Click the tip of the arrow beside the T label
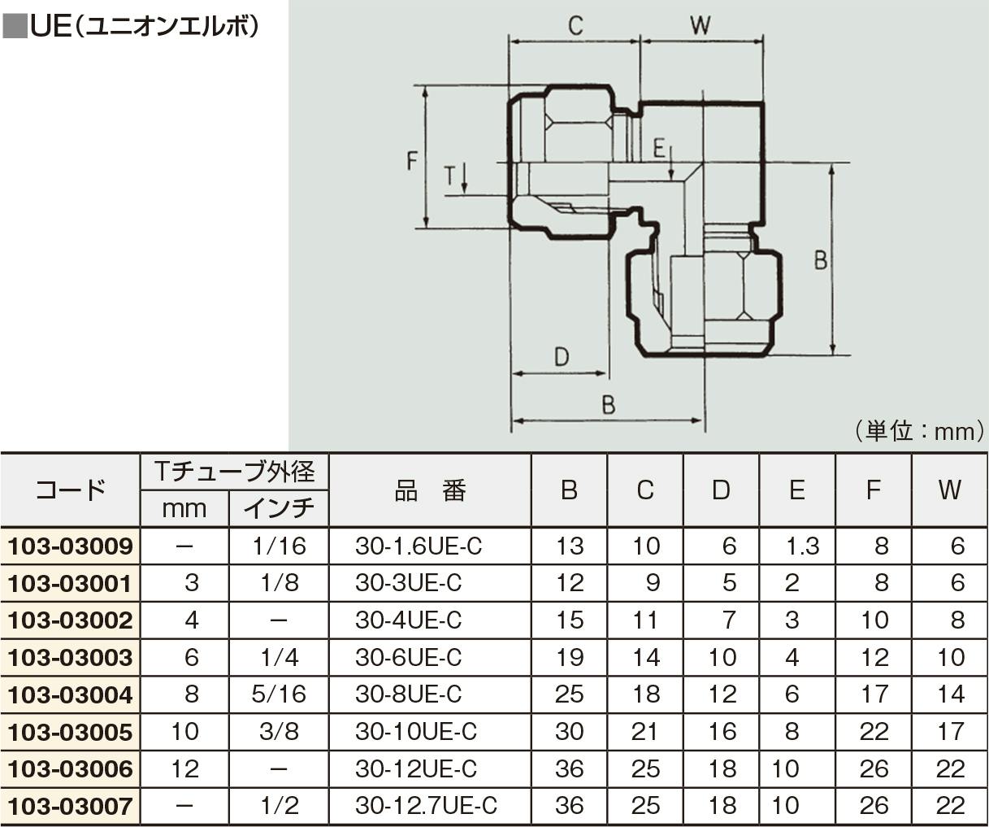464,194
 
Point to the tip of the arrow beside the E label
671,180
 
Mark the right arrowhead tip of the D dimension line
607,373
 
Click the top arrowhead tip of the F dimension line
426,87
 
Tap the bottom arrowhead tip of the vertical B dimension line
833,354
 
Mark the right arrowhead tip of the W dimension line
763,41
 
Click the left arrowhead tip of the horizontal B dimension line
513,420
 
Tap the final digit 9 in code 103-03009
126,546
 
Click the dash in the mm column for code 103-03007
184,806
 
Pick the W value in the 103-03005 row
950,731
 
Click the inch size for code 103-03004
279,694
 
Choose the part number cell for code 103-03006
416,768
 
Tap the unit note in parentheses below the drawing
920,431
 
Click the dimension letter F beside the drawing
412,160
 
